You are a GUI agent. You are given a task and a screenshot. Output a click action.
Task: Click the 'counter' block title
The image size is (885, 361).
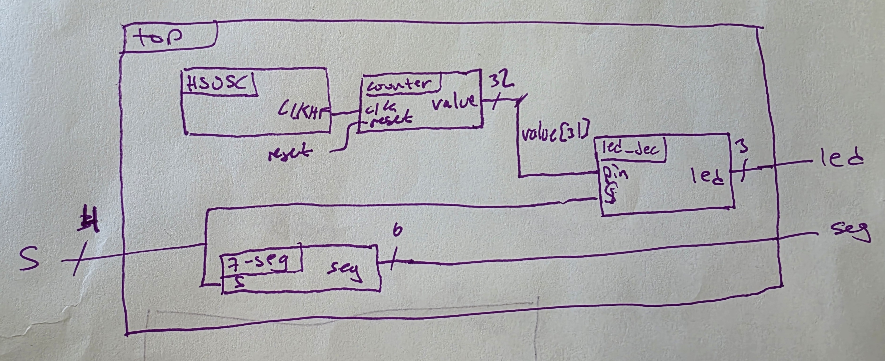[x=399, y=84]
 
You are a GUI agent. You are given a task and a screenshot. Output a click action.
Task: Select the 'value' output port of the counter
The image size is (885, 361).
[x=454, y=102]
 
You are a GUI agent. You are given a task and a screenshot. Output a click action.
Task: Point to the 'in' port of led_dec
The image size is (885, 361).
[x=617, y=174]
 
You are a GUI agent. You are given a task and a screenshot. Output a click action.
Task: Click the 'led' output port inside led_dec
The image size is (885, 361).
[x=709, y=178]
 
